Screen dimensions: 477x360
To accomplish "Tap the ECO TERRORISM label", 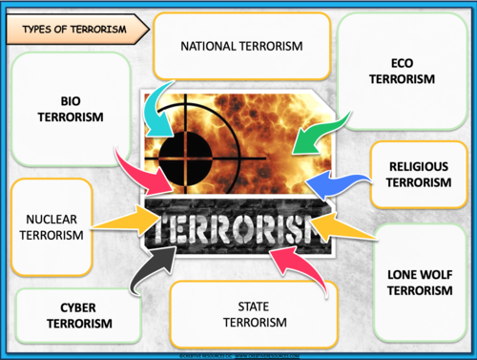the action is coord(401,70).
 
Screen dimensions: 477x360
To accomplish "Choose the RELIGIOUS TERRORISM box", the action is coord(419,174).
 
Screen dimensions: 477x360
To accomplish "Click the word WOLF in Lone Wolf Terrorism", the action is coord(438,274).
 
